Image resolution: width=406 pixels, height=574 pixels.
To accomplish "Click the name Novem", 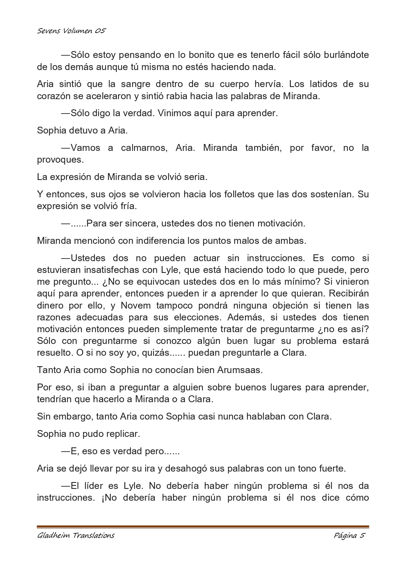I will click(x=136, y=305).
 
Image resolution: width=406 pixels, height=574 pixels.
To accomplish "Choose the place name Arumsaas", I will click(x=240, y=370).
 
